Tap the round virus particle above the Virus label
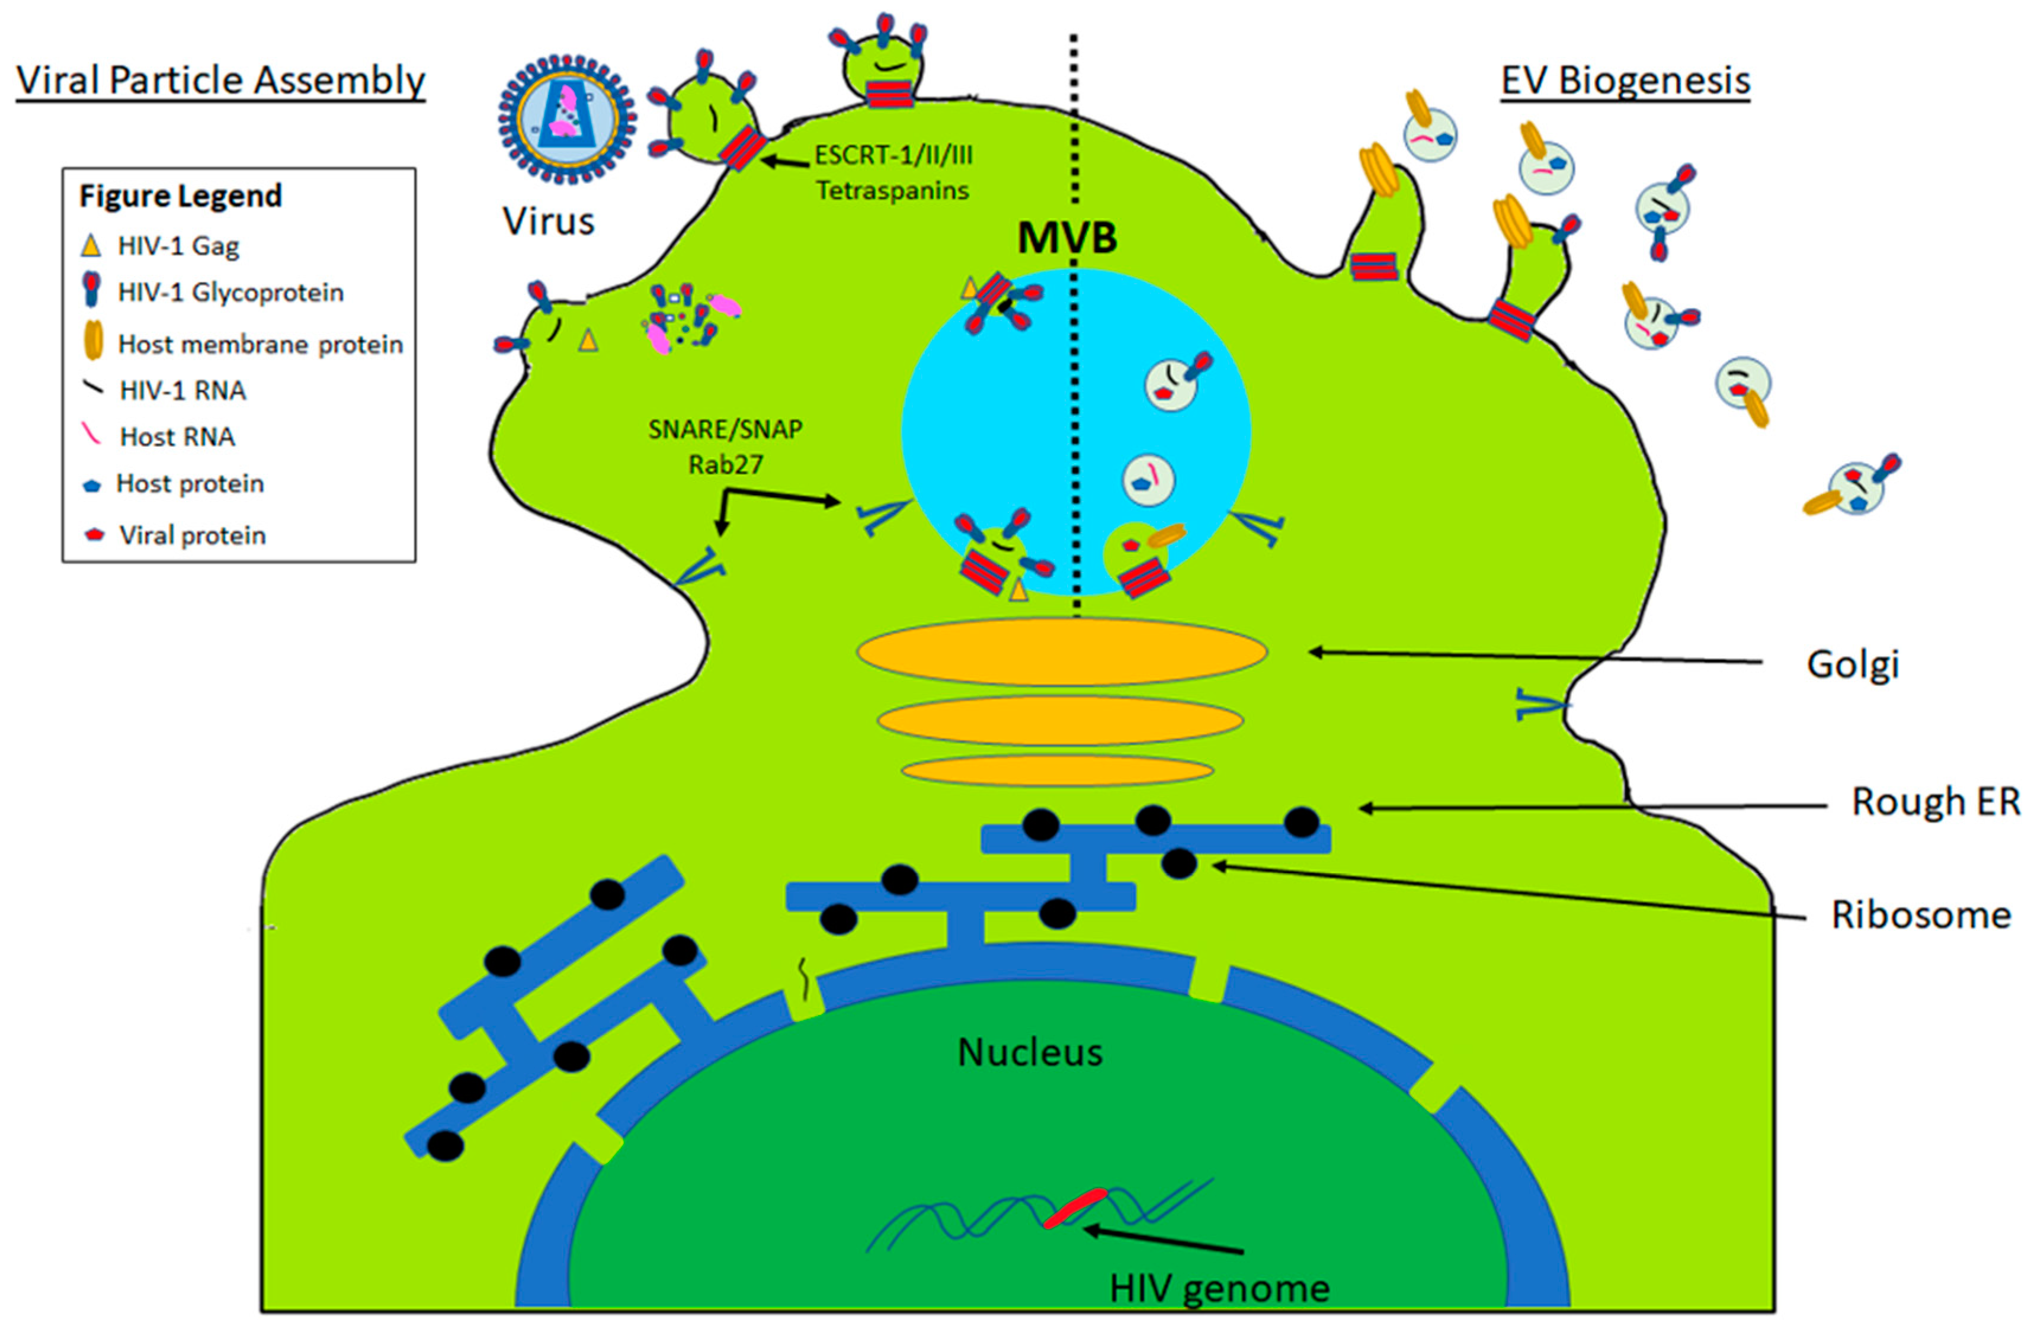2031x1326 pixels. pyautogui.click(x=566, y=120)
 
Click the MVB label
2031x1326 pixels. pyautogui.click(x=1066, y=237)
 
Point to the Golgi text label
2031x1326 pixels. pyautogui.click(x=1853, y=664)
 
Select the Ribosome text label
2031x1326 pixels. pyautogui.click(x=1921, y=915)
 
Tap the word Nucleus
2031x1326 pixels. pyautogui.click(x=1029, y=1052)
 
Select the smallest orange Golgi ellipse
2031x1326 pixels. pyautogui.click(x=1058, y=770)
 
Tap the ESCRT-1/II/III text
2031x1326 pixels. pyautogui.click(x=893, y=155)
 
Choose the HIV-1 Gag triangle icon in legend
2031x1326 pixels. pyautogui.click(x=91, y=246)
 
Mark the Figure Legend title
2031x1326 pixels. pyautogui.click(x=180, y=195)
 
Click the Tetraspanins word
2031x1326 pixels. pyautogui.click(x=892, y=190)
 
